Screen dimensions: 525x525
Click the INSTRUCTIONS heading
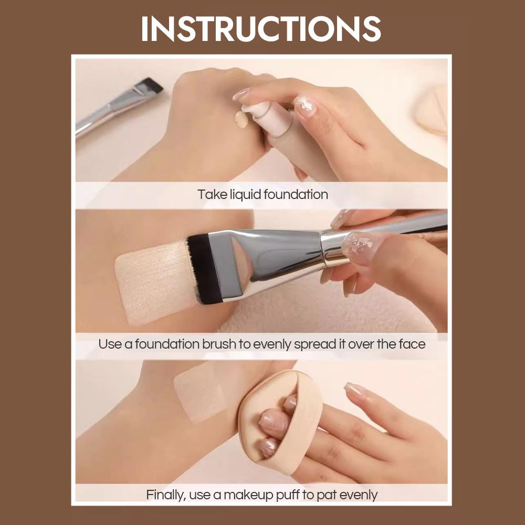click(x=261, y=29)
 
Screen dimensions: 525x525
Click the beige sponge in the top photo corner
click(x=433, y=110)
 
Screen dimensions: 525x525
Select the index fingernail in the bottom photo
click(x=353, y=390)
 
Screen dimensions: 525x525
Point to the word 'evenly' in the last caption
click(x=359, y=495)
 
